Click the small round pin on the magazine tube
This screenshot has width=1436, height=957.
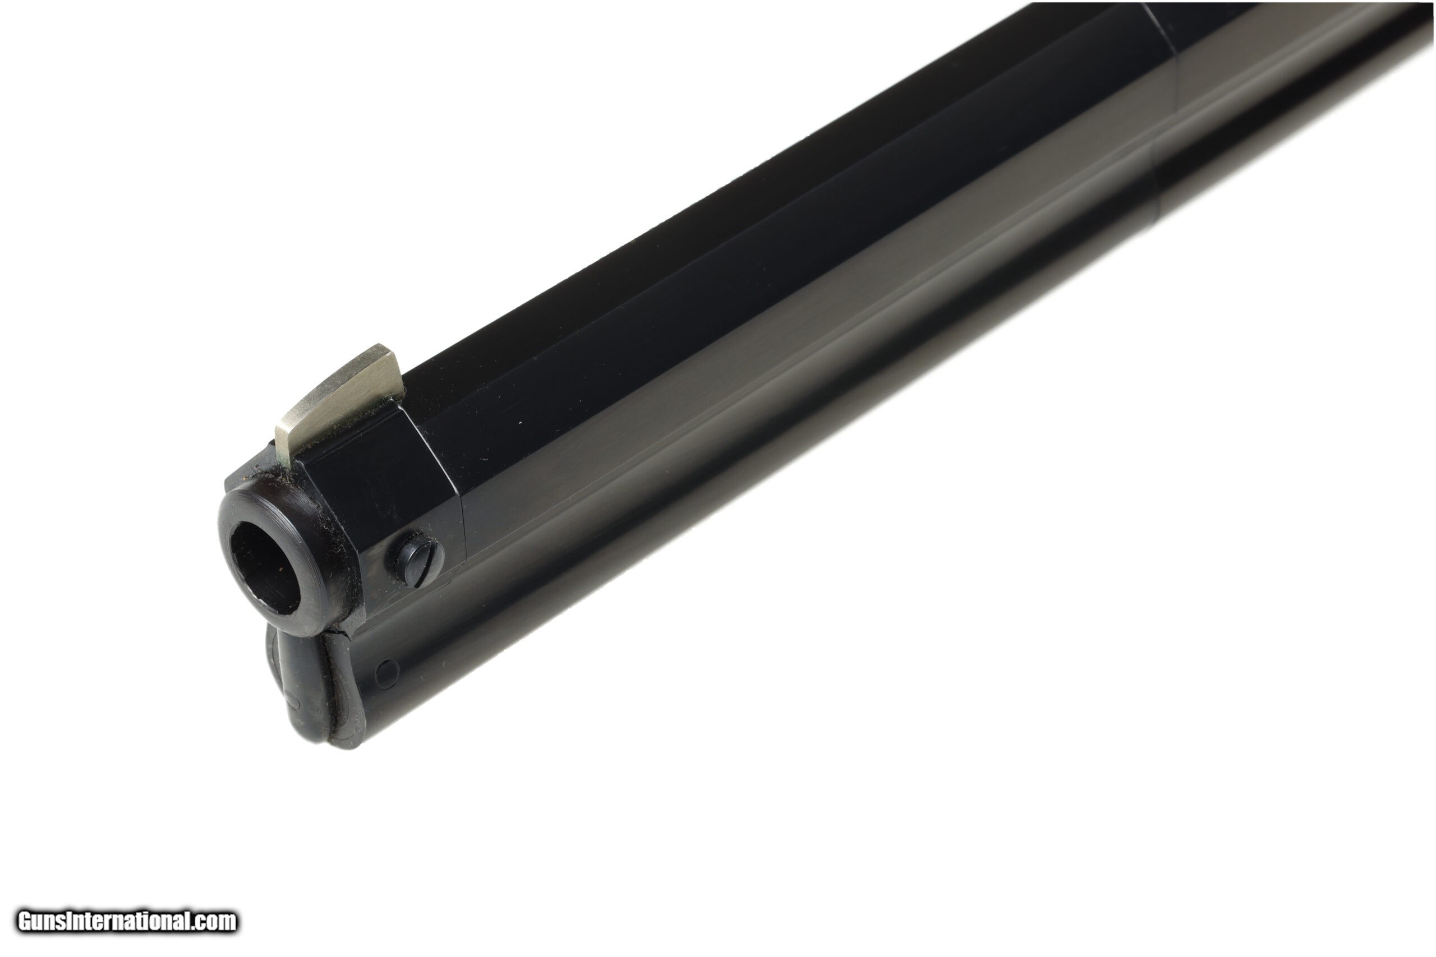(x=386, y=672)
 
